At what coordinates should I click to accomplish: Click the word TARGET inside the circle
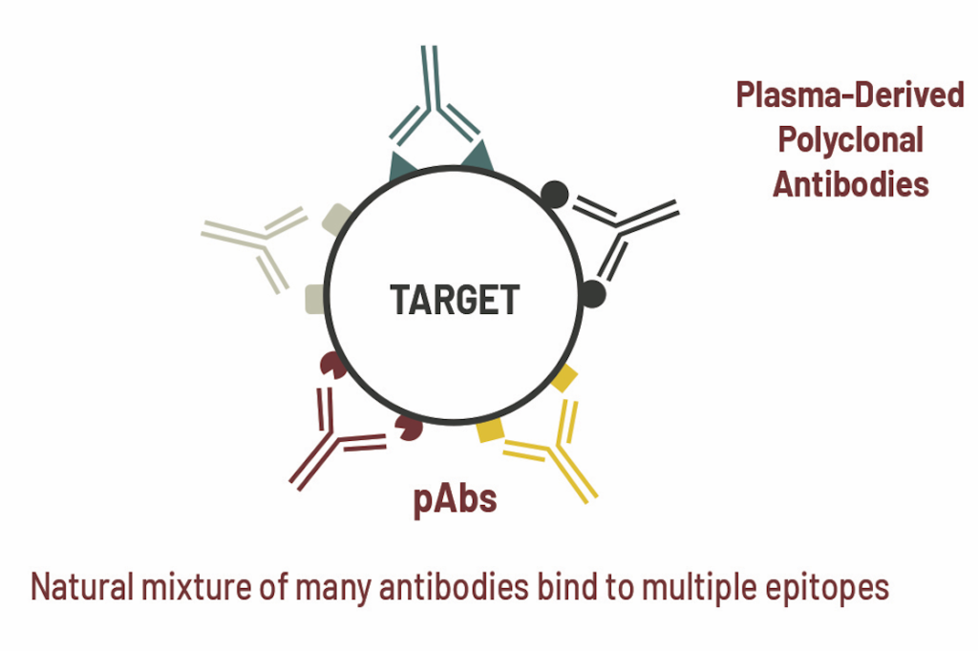click(x=455, y=300)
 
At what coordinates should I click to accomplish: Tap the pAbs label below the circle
click(x=455, y=499)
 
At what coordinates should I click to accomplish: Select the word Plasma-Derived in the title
click(x=850, y=95)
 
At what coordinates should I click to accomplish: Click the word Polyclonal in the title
click(x=850, y=140)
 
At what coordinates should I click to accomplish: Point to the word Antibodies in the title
click(x=851, y=184)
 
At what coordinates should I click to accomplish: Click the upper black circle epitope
click(x=555, y=195)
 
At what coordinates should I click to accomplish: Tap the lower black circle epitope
click(x=592, y=294)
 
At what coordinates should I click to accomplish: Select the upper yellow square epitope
click(x=563, y=379)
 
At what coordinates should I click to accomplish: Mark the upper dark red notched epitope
click(x=332, y=365)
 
